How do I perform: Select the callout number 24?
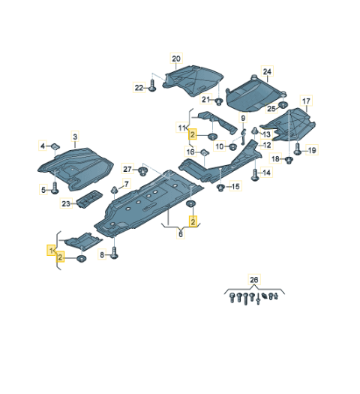pos(266,71)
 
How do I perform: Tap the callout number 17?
pos(306,101)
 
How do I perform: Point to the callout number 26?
pos(253,280)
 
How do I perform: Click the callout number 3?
pos(74,136)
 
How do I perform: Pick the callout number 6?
pos(180,234)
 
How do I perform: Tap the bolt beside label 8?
pos(114,254)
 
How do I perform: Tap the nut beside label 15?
pos(220,185)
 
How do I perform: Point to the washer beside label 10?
pos(232,146)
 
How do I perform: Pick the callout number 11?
pos(181,128)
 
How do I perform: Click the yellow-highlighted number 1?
pos(52,248)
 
